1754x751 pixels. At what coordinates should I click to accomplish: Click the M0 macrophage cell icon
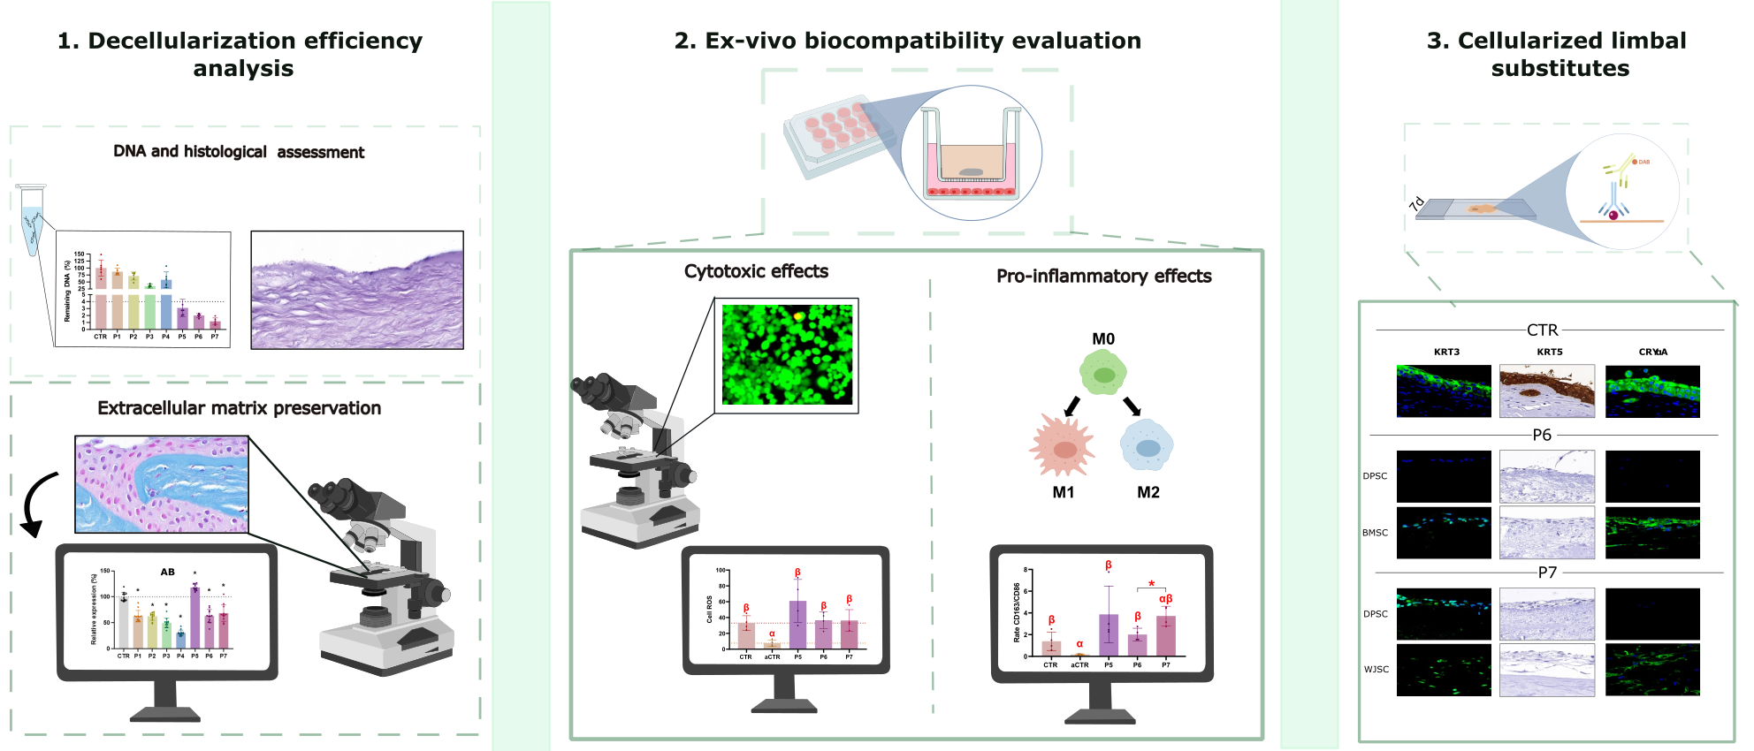1103,373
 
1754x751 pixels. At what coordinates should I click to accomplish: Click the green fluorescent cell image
787,355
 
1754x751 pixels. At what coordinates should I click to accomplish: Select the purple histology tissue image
357,291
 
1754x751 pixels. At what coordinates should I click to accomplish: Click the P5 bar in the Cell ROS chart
797,625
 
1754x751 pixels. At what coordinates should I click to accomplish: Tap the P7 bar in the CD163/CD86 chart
1165,635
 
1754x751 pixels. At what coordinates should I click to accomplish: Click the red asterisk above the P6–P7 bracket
1151,584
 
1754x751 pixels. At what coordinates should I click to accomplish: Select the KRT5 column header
1549,352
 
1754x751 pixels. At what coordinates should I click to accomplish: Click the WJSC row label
1376,670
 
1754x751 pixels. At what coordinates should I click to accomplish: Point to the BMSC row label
1375,533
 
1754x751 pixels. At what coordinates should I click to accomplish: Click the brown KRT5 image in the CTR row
1547,391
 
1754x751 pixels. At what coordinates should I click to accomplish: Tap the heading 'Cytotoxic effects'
756,271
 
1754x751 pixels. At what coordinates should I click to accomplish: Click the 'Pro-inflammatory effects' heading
1103,276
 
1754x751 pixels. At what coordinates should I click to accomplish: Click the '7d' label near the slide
1416,203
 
